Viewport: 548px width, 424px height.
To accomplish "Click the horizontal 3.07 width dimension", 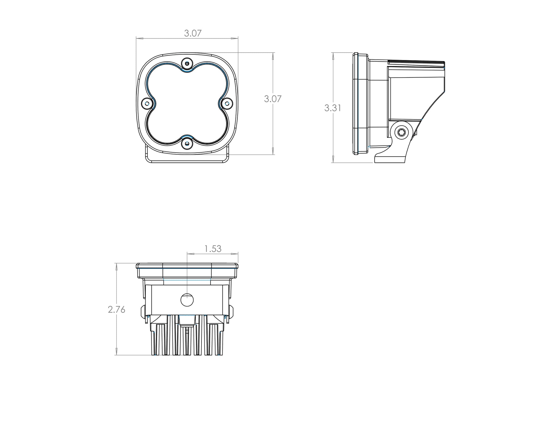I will coord(193,33).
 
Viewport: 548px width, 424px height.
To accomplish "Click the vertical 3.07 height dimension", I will coord(273,99).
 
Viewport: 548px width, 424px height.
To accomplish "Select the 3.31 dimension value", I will coord(333,108).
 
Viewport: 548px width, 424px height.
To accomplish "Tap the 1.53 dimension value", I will coord(213,249).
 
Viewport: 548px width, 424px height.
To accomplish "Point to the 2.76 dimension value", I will coord(116,310).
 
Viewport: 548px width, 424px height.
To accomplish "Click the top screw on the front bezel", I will coord(187,63).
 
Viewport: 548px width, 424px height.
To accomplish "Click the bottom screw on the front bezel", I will coord(187,144).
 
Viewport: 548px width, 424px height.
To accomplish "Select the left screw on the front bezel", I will coord(147,104).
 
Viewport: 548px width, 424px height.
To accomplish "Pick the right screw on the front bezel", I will coord(227,104).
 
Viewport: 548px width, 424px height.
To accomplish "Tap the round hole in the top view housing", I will coord(187,299).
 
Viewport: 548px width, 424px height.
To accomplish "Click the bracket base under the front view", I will coord(187,159).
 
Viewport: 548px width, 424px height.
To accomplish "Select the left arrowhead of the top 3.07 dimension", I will coord(139,39).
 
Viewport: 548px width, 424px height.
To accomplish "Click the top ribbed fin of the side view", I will coord(416,63).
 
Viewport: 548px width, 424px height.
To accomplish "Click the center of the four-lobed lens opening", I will coord(187,104).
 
